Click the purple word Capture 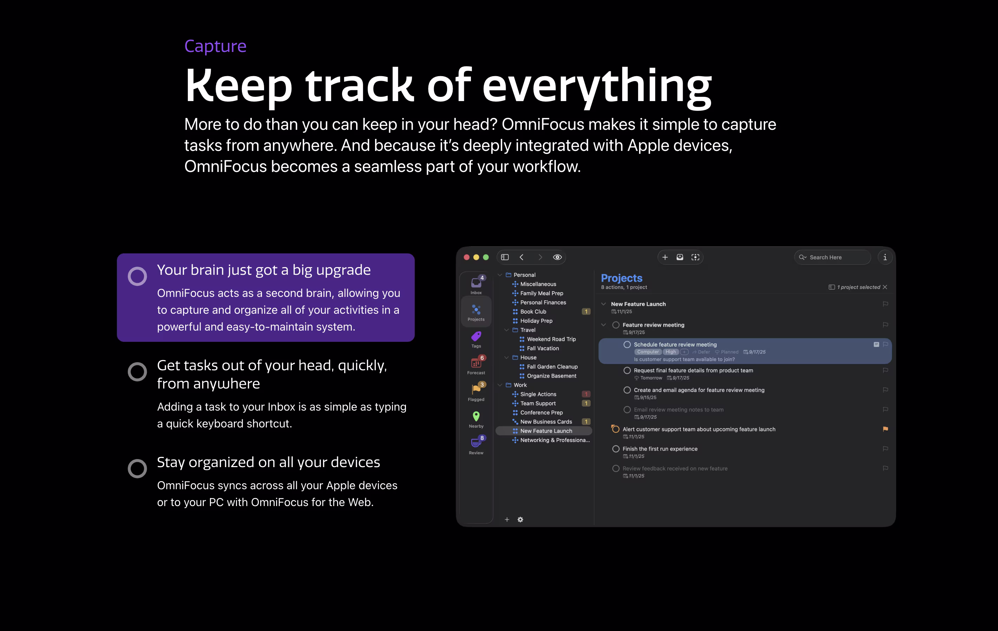(x=215, y=46)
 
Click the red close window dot (x=466, y=257)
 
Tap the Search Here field (x=832, y=257)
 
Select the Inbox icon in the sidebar (x=476, y=283)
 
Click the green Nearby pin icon (x=476, y=416)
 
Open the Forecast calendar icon (x=476, y=363)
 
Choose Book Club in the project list (x=533, y=312)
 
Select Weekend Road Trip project (x=551, y=339)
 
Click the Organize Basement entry (x=551, y=376)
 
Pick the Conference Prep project (x=541, y=413)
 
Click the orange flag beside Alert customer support (x=885, y=429)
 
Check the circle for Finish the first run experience (x=616, y=449)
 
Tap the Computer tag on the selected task (x=648, y=352)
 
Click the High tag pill (x=671, y=352)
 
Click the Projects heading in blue (x=622, y=278)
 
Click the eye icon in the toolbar (x=557, y=257)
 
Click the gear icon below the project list (x=520, y=519)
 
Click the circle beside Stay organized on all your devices (x=137, y=469)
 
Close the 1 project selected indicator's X (x=885, y=287)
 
